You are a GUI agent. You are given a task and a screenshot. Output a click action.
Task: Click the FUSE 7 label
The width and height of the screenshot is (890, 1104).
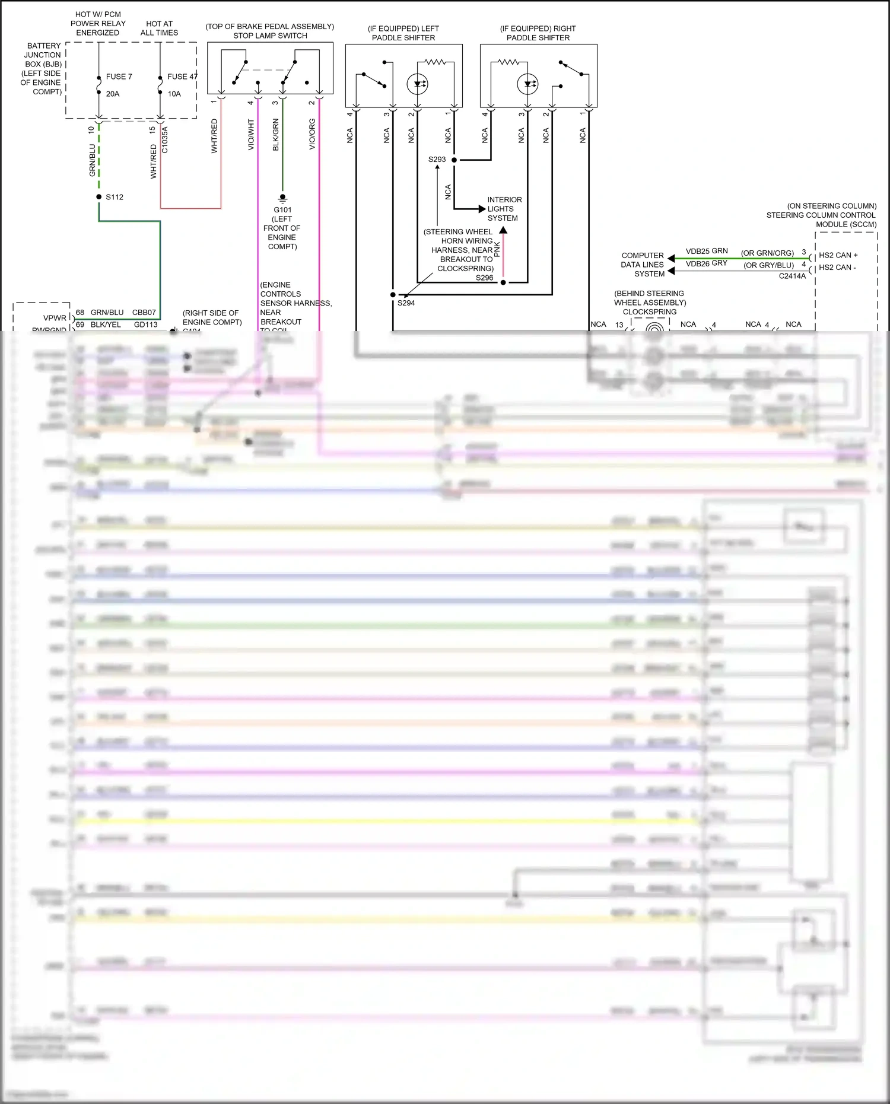[119, 77]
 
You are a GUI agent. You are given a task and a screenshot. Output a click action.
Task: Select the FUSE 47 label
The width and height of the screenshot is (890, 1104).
[182, 77]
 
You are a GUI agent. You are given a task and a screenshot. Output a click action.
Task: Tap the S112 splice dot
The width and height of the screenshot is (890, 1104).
[99, 196]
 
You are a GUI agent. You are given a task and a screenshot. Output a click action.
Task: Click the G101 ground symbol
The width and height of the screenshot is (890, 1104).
[282, 197]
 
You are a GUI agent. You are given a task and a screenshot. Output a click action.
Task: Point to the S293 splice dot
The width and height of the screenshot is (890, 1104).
[454, 160]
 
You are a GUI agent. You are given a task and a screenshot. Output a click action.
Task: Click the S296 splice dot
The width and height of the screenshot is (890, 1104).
[503, 282]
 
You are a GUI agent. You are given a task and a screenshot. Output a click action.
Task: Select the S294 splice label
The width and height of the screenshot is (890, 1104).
[406, 303]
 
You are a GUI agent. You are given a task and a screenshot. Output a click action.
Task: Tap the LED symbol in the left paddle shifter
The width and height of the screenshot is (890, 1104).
[418, 84]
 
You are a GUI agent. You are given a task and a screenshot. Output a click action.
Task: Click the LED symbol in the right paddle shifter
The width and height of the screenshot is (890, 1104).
[527, 84]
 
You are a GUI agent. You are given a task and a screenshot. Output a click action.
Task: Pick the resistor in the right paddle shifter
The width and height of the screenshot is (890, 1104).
[508, 62]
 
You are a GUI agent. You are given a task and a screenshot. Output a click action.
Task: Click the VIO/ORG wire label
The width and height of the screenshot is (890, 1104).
[312, 134]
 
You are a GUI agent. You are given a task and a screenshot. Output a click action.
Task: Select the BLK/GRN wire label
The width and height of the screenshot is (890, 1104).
[275, 134]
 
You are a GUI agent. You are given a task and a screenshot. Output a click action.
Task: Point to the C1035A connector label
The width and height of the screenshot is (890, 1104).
[165, 140]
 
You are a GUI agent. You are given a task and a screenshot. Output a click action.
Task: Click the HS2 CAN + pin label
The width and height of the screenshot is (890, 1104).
[838, 255]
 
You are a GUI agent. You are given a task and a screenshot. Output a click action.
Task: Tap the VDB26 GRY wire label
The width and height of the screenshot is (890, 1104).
[706, 263]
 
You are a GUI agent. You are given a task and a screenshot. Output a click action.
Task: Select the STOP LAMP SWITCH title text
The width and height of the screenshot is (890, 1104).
[270, 36]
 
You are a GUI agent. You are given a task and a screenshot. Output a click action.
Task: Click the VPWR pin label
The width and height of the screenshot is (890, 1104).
[55, 318]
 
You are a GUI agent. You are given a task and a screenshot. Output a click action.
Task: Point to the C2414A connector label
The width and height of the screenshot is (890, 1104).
[792, 276]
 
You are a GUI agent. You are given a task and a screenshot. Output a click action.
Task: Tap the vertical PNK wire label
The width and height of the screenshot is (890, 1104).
[497, 249]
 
